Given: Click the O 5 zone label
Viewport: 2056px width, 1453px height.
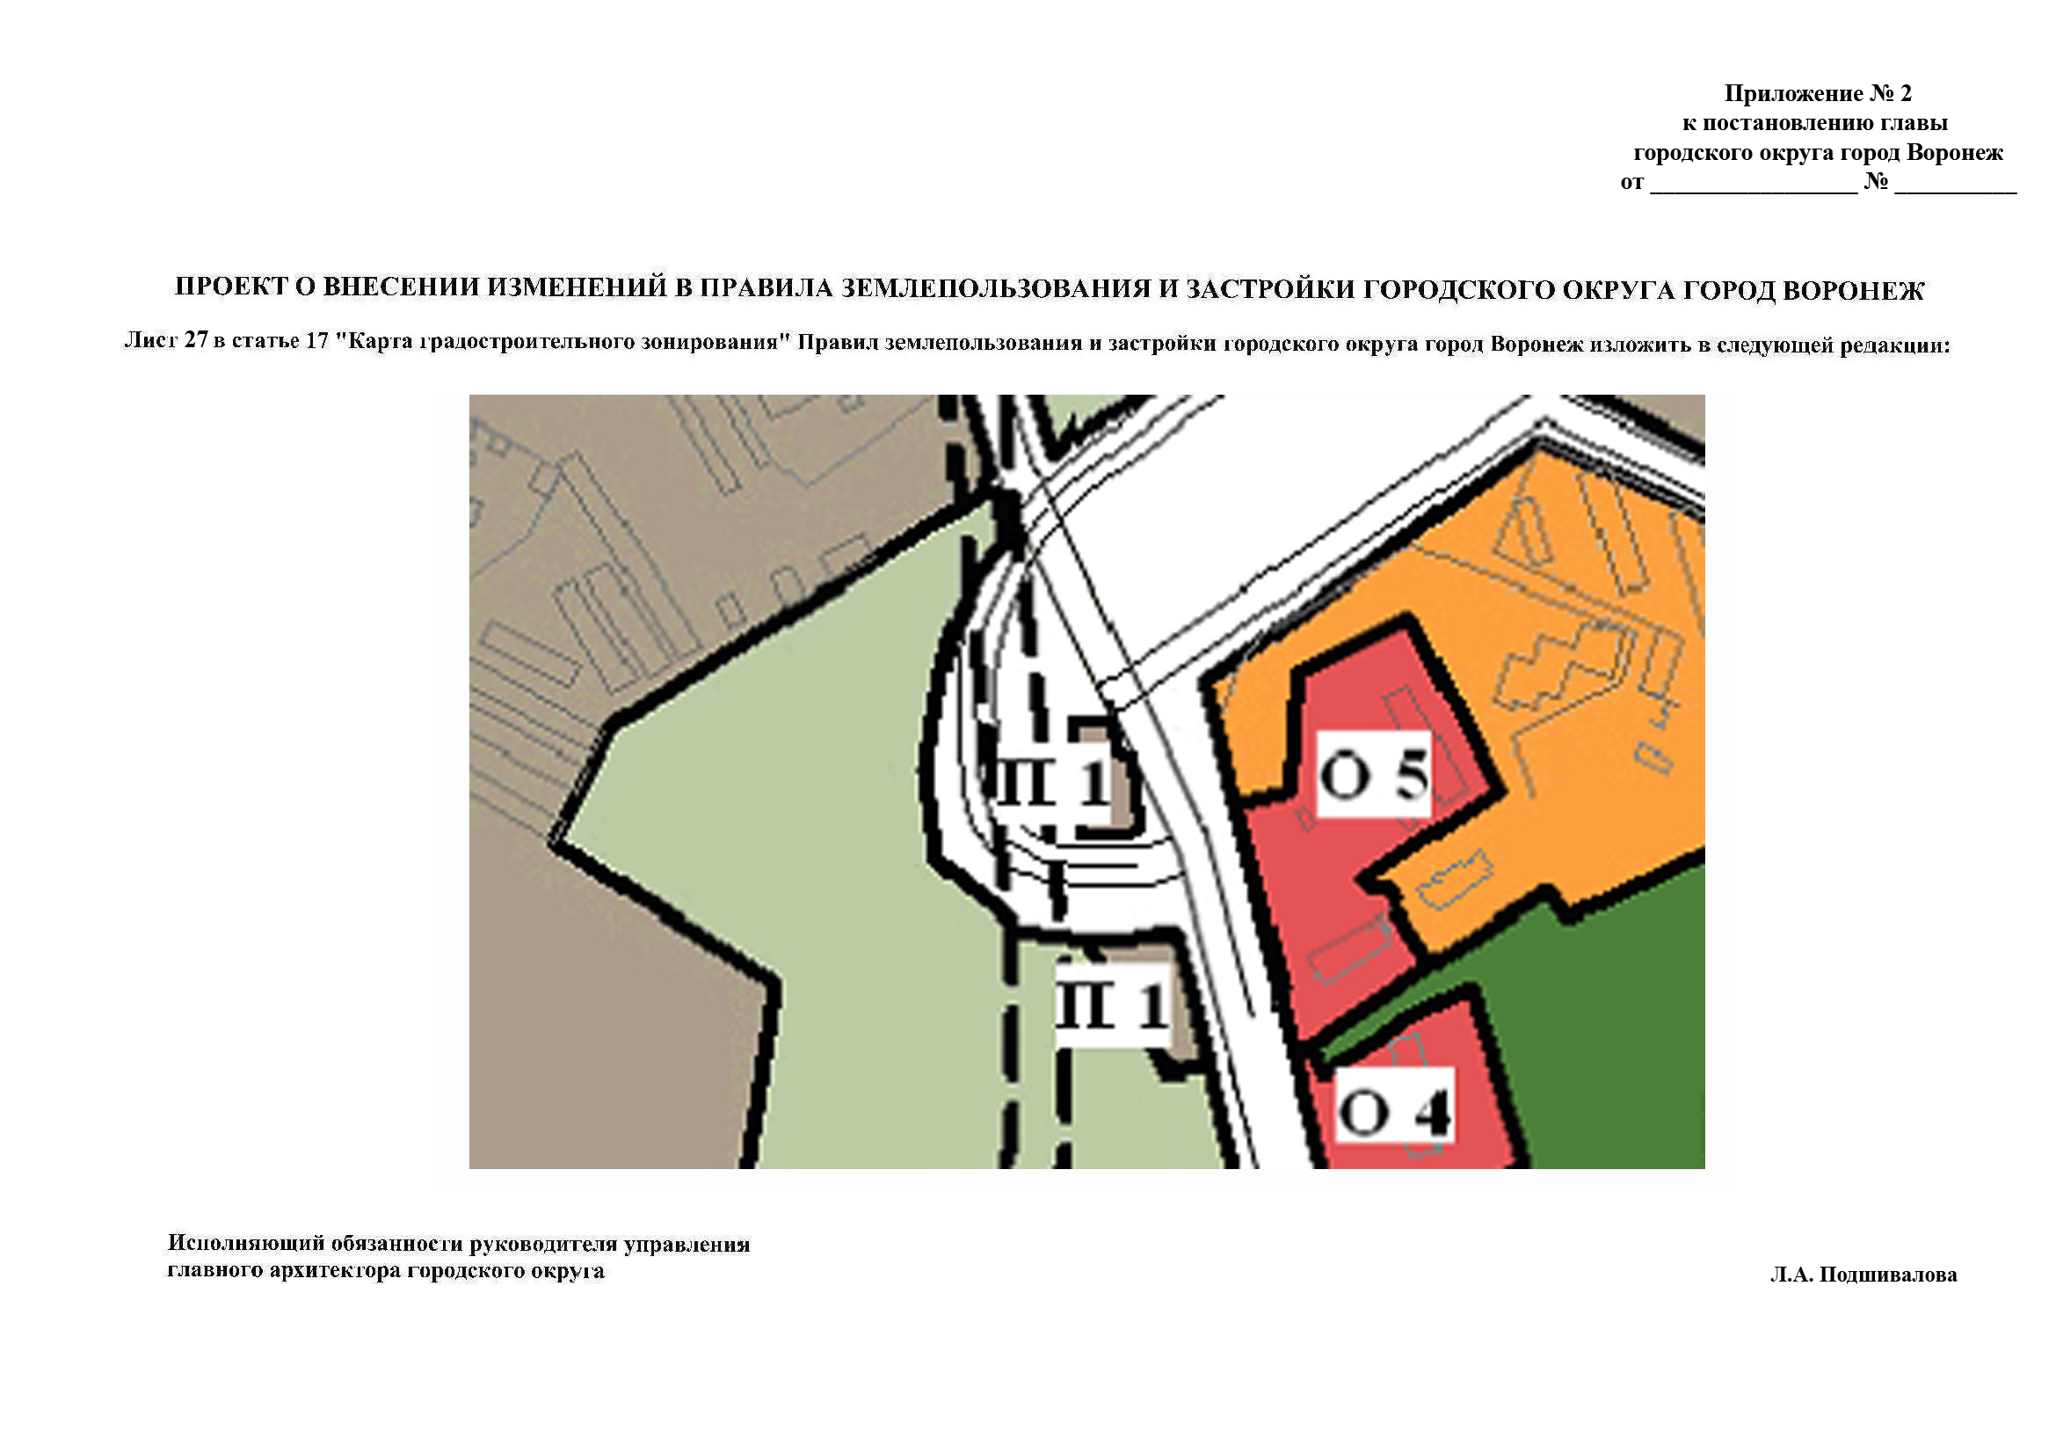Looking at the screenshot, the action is pos(1374,774).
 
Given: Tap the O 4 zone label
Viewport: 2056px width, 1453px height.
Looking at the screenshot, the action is pos(1393,1113).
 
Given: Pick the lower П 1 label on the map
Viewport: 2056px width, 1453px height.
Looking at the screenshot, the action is pos(1112,1005).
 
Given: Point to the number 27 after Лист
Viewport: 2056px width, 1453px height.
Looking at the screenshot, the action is pos(196,341).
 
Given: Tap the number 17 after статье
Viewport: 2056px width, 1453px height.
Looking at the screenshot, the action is pos(317,342).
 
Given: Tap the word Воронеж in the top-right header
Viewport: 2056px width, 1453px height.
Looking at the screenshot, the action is pos(1954,152).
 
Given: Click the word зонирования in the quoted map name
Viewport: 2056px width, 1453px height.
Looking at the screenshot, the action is pos(722,343).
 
